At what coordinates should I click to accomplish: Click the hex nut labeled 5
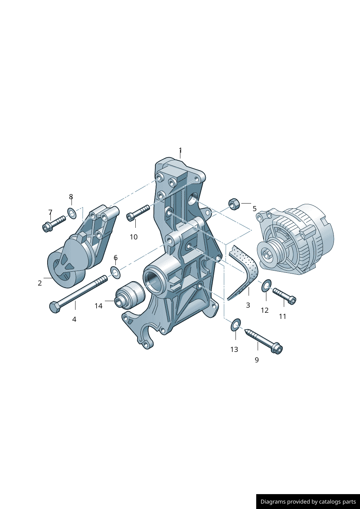coord(234,204)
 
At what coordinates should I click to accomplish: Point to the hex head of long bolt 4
coord(55,307)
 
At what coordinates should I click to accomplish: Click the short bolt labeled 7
coord(54,224)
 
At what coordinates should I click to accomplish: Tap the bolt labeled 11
coord(284,296)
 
